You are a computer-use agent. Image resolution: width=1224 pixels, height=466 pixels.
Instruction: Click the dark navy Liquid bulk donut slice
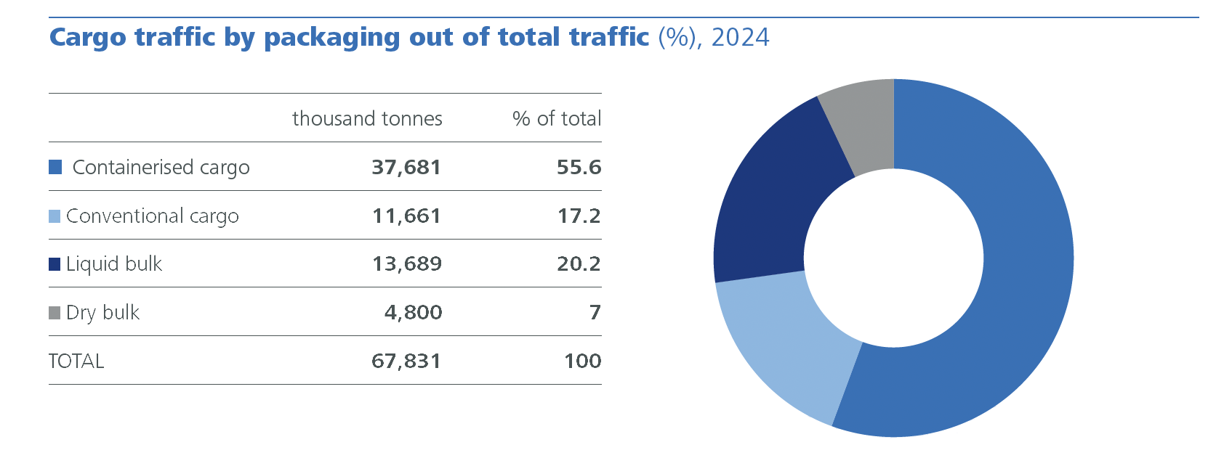(x=770, y=203)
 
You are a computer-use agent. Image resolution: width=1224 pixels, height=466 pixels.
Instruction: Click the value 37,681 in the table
(x=406, y=167)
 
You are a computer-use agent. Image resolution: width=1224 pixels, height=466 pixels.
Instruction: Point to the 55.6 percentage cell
(x=579, y=167)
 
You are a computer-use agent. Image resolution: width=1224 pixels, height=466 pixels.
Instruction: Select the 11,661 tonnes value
(x=406, y=216)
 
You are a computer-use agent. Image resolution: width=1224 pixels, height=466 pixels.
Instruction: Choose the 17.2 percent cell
(x=579, y=216)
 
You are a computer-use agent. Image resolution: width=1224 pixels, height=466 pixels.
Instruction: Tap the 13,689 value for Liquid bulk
(x=406, y=263)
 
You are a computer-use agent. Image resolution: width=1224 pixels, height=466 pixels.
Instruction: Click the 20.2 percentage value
(x=579, y=263)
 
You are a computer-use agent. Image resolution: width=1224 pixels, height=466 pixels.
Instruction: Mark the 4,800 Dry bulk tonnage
(x=413, y=312)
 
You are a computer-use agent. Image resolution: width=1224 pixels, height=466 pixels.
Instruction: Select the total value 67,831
(x=406, y=361)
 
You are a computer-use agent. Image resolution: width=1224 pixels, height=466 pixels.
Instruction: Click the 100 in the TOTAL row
(x=582, y=361)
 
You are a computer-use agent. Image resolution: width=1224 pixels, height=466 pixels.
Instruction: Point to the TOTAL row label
(x=76, y=361)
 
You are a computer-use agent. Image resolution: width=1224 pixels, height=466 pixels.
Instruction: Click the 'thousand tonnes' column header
(x=367, y=118)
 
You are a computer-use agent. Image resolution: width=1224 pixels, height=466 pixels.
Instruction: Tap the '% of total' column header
(x=557, y=118)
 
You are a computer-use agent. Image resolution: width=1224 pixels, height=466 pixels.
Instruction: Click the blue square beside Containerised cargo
(x=55, y=167)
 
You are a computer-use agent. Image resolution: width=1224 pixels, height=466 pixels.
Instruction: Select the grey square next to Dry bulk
(x=55, y=313)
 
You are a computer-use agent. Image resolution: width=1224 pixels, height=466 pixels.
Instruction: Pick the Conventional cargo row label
(x=152, y=216)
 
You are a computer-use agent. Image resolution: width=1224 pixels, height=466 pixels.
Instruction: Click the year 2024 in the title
(x=740, y=37)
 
